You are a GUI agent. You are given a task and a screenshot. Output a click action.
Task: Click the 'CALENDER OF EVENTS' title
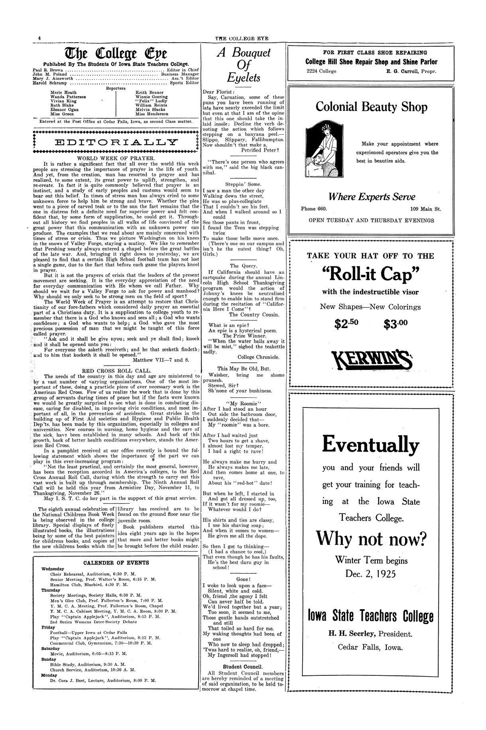[116, 563]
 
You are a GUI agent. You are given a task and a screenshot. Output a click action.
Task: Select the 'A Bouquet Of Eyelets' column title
[243, 65]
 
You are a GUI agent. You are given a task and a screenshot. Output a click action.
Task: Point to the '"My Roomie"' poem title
[243, 403]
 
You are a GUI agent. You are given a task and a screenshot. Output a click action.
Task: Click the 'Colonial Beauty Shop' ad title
[371, 107]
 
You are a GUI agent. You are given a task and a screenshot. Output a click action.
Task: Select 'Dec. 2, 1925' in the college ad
[371, 574]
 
